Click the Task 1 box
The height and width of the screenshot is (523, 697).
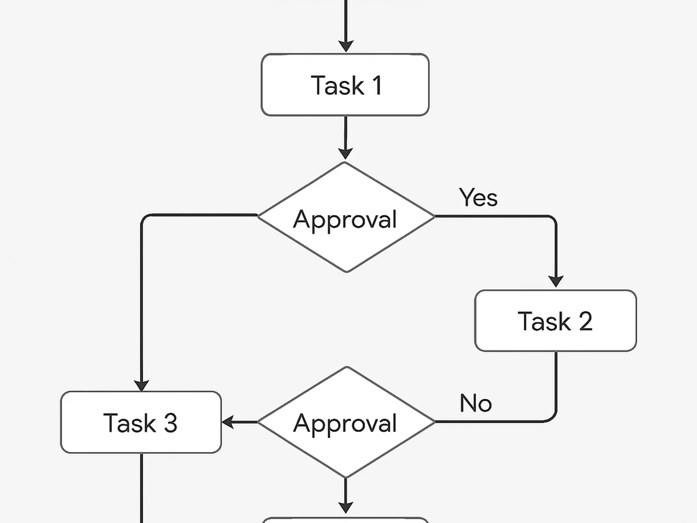click(x=345, y=85)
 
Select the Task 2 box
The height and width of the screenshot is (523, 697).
click(x=555, y=321)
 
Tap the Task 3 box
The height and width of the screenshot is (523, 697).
click(x=141, y=422)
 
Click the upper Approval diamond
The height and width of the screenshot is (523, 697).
click(x=346, y=217)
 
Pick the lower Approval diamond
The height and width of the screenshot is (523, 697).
click(x=346, y=422)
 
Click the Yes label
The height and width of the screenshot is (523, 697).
click(x=478, y=197)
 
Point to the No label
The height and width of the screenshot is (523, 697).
click(x=475, y=403)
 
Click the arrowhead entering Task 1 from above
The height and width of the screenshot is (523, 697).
click(x=346, y=46)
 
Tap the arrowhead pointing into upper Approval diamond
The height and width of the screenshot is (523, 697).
click(x=345, y=153)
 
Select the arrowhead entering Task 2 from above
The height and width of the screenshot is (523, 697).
click(x=556, y=281)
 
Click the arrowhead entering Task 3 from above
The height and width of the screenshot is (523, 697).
click(x=141, y=385)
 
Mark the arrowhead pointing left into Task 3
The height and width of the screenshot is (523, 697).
click(x=228, y=422)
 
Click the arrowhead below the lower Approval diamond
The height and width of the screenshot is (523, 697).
click(x=345, y=507)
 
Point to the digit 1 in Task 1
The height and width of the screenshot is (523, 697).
click(x=377, y=85)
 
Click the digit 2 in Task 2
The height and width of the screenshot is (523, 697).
click(x=585, y=322)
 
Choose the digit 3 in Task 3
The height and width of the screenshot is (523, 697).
click(x=170, y=423)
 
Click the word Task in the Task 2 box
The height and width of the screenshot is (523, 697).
click(x=544, y=322)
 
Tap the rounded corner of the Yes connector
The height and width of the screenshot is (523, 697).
click(x=552, y=220)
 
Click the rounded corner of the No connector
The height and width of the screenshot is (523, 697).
click(x=552, y=418)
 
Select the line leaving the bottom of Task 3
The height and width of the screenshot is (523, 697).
click(x=142, y=488)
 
